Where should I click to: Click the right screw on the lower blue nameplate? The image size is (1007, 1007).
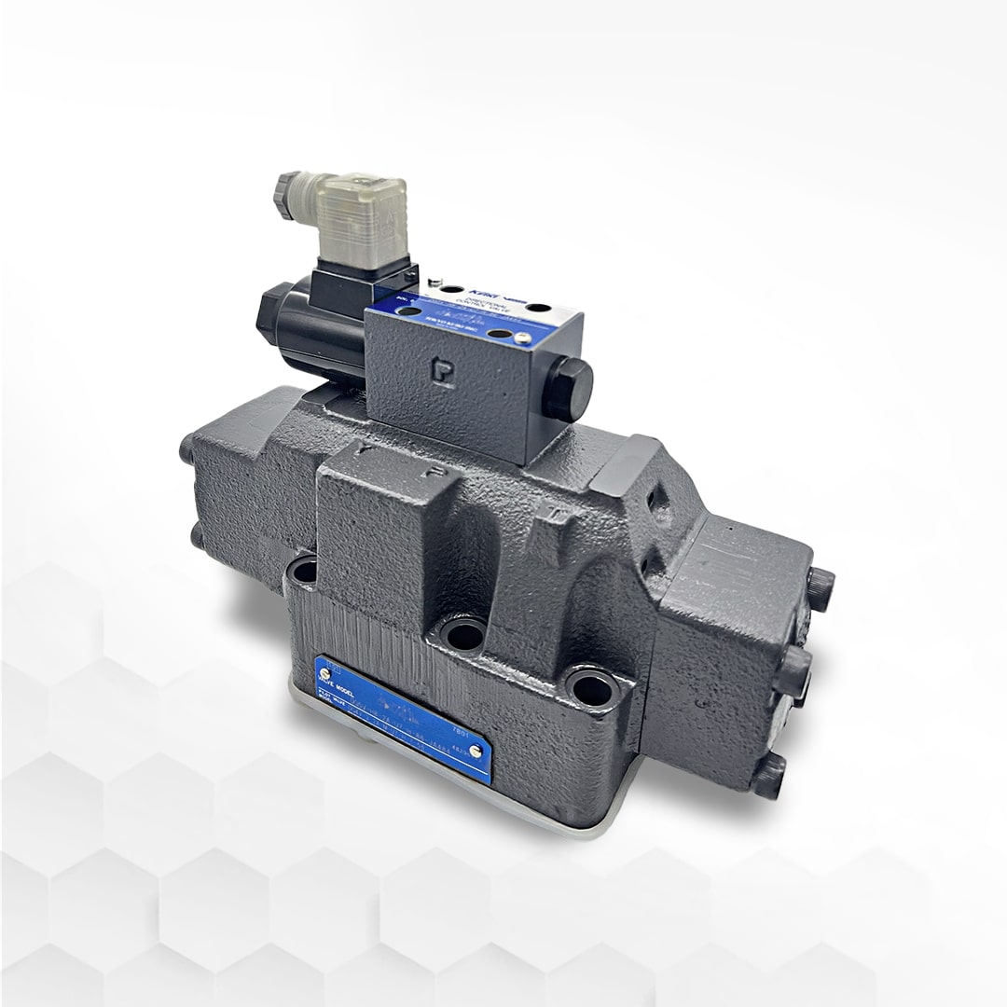click(x=476, y=752)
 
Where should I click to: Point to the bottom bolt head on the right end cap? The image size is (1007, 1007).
click(x=770, y=778)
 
